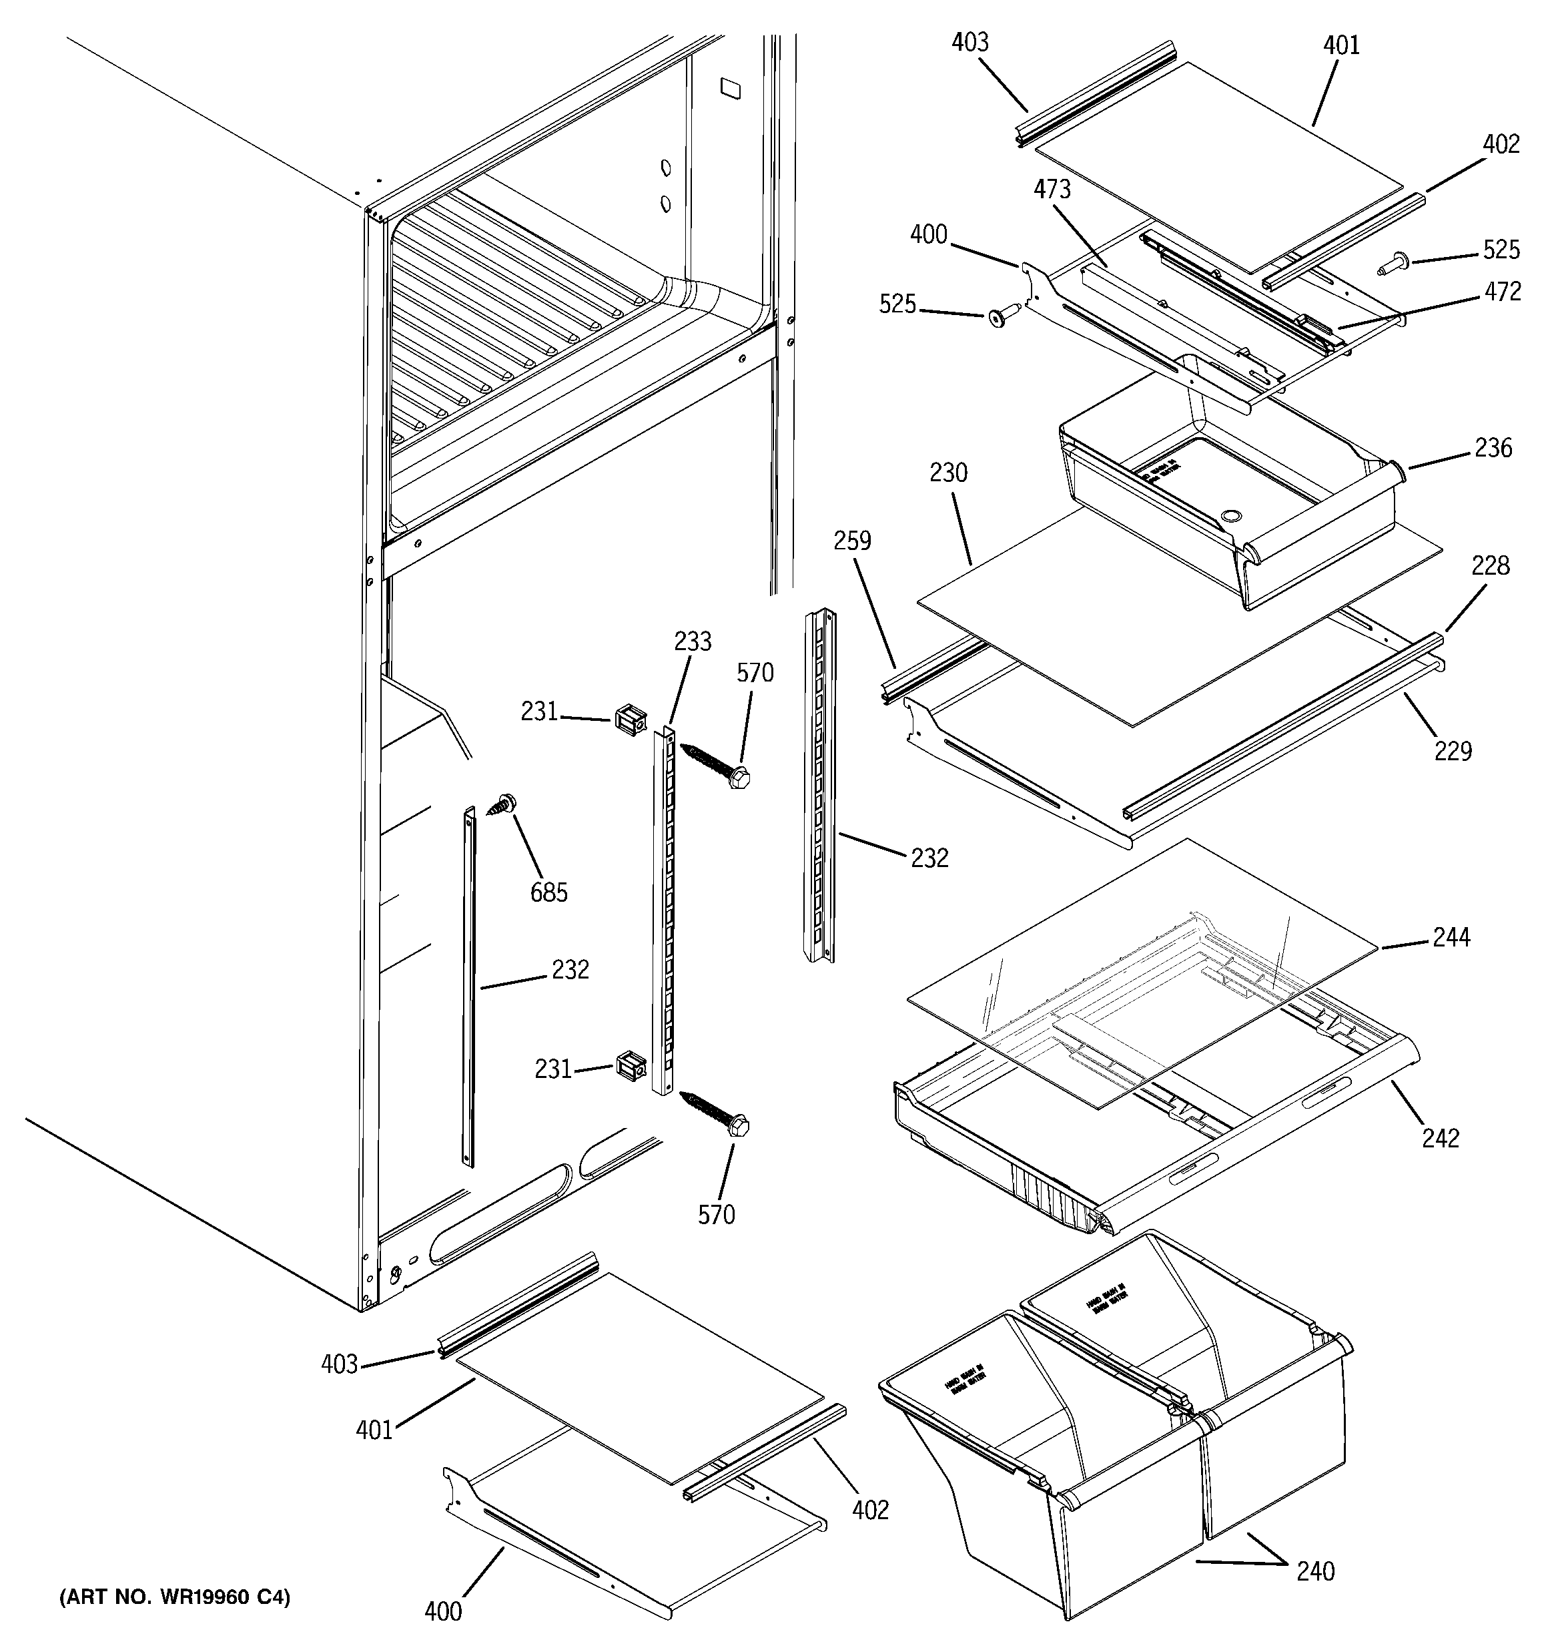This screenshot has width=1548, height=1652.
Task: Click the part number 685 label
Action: pos(548,892)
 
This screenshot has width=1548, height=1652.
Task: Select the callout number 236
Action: pos(1493,448)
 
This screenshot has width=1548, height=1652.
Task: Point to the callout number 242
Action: pos(1440,1137)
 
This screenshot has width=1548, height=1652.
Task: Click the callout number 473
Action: pos(1052,190)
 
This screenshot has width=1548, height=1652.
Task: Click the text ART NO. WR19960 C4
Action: pos(175,1597)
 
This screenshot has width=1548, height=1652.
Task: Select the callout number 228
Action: pos(1490,566)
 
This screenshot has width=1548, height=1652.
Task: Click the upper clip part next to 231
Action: pos(630,719)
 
